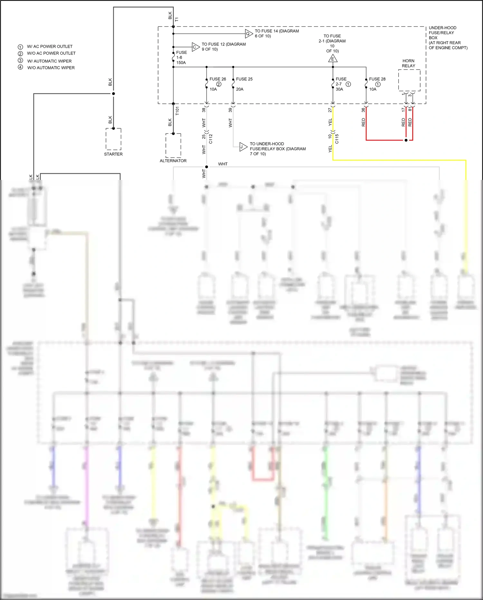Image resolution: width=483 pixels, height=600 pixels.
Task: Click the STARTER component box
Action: tap(113, 139)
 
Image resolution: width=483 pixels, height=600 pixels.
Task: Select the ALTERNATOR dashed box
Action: tap(173, 145)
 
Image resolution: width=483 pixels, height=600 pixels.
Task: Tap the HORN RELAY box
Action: tap(409, 80)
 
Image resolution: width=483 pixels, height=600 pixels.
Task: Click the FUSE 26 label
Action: tap(218, 79)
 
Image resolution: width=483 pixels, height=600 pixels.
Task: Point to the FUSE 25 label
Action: tap(244, 79)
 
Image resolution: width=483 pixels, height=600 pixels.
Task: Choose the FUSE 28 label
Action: tap(377, 79)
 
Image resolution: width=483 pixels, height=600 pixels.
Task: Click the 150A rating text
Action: tap(181, 63)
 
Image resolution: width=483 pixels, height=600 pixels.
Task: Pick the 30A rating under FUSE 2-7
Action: tap(339, 89)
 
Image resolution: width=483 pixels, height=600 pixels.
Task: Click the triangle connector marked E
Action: tap(333, 59)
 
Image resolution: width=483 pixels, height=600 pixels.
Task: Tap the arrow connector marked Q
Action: tap(249, 34)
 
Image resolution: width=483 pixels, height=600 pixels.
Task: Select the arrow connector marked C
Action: tap(195, 47)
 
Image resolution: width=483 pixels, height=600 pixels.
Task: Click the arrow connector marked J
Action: tap(243, 147)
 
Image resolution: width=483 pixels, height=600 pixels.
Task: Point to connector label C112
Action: tap(211, 139)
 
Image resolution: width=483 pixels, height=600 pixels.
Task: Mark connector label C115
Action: tap(337, 139)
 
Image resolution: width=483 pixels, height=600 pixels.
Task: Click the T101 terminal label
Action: tap(177, 111)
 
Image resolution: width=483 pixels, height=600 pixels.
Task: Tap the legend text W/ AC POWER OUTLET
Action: tap(50, 46)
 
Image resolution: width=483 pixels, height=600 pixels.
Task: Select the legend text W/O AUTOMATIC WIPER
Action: tap(51, 68)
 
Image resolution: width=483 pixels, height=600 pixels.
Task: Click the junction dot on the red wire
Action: tap(406, 140)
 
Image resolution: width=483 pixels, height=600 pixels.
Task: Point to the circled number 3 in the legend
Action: tap(20, 61)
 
